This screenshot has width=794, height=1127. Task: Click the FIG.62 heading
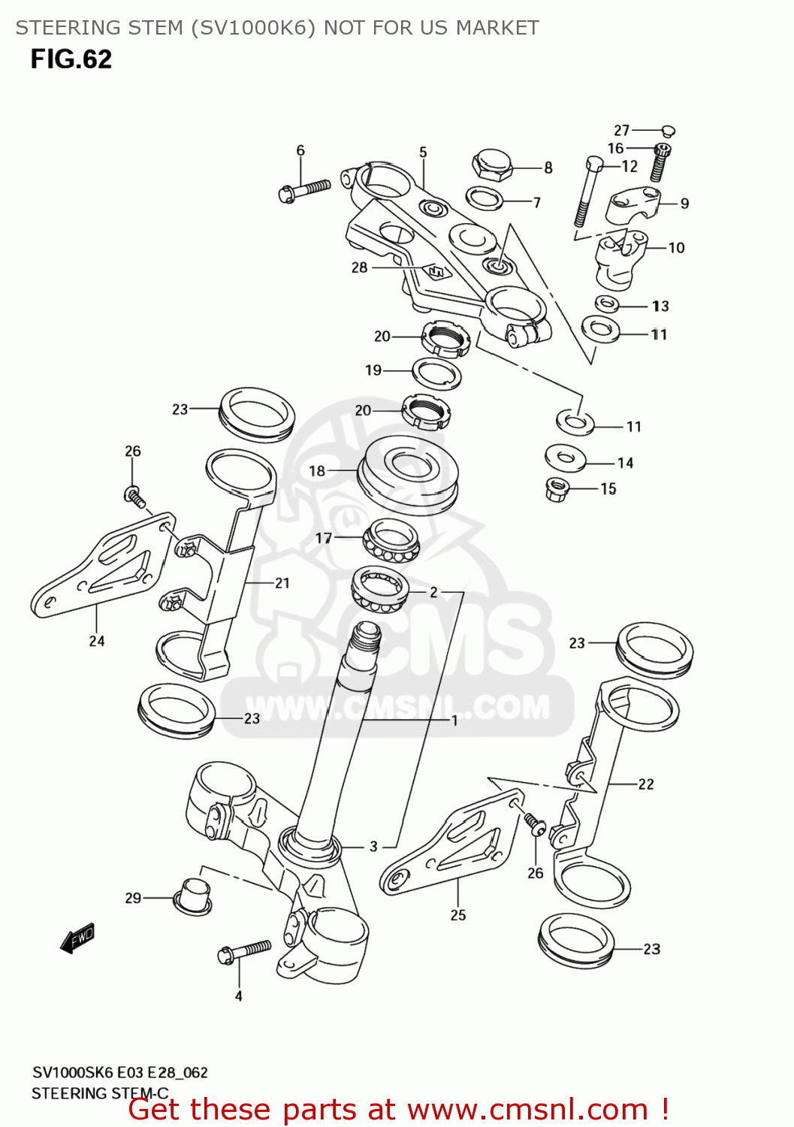71,59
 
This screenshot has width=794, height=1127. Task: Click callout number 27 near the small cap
621,130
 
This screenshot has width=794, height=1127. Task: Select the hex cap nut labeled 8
492,165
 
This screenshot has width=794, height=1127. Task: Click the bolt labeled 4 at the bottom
244,951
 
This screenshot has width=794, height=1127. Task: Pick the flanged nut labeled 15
556,489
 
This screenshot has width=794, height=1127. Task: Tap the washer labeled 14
566,457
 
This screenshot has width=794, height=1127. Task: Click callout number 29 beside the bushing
133,898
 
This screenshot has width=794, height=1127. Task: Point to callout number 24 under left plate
97,641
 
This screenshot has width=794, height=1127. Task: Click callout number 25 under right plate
458,915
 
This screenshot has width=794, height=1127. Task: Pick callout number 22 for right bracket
646,784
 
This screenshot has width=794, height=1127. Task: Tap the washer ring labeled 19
436,373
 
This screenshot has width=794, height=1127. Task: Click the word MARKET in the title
497,28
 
